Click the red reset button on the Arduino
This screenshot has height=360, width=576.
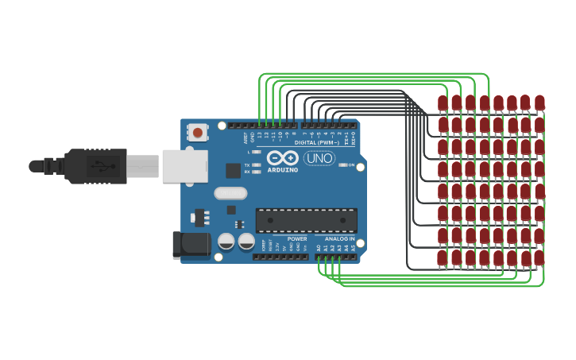(197, 130)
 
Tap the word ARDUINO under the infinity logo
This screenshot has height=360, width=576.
(282, 169)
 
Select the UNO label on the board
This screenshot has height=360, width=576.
(319, 158)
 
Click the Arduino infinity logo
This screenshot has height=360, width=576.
(282, 157)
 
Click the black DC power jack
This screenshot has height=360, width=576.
(191, 245)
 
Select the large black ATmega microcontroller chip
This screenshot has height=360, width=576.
(306, 220)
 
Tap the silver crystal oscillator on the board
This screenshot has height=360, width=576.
(230, 193)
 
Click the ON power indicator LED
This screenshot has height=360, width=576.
(342, 165)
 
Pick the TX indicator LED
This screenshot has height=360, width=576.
(256, 165)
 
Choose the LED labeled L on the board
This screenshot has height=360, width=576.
(256, 151)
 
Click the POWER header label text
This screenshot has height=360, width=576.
(297, 238)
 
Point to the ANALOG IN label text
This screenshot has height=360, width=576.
(339, 238)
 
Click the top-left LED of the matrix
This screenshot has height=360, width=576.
(443, 103)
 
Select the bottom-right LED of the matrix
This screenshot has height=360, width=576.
(539, 257)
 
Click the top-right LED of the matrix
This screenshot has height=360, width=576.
(539, 102)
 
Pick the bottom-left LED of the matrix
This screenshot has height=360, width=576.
(442, 257)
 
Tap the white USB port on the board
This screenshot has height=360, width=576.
(184, 166)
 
